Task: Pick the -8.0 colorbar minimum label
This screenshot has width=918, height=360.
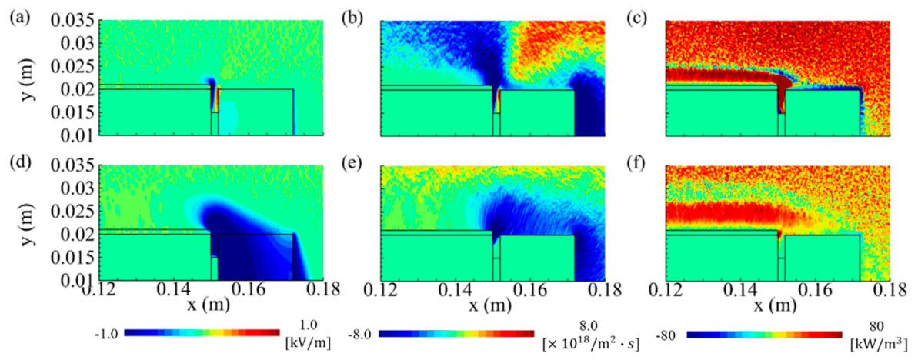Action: click(362, 335)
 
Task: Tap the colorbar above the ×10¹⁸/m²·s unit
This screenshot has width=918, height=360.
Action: click(456, 334)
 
